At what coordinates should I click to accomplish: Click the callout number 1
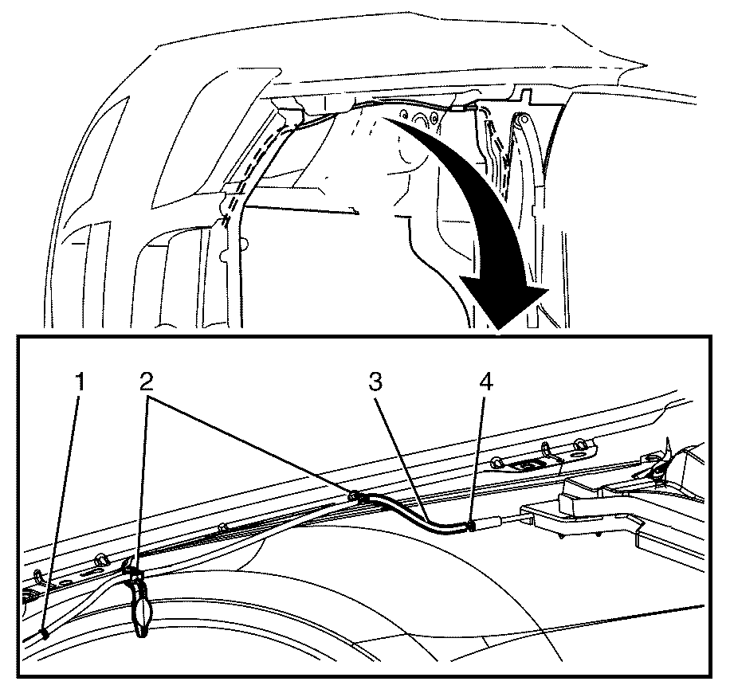80,382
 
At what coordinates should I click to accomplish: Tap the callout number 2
146,382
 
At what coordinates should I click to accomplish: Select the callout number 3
375,382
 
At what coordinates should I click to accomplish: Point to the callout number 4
485,382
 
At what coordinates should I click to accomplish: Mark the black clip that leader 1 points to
45,634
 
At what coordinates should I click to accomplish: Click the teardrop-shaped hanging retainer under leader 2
141,605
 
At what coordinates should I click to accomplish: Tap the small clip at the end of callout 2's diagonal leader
354,496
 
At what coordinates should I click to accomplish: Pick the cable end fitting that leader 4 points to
471,527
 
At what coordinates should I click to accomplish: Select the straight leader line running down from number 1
62,512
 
